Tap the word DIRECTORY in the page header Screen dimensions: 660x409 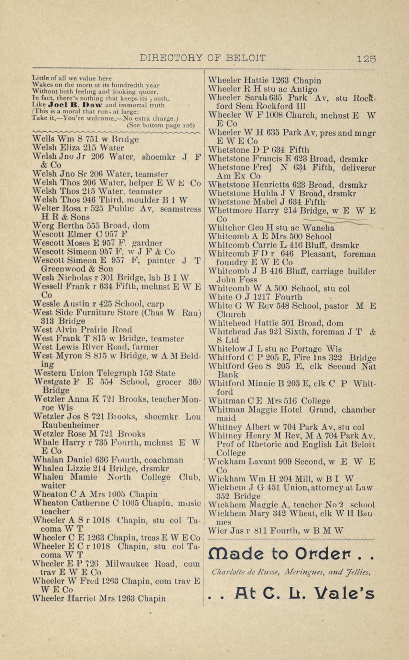tap(171, 58)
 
